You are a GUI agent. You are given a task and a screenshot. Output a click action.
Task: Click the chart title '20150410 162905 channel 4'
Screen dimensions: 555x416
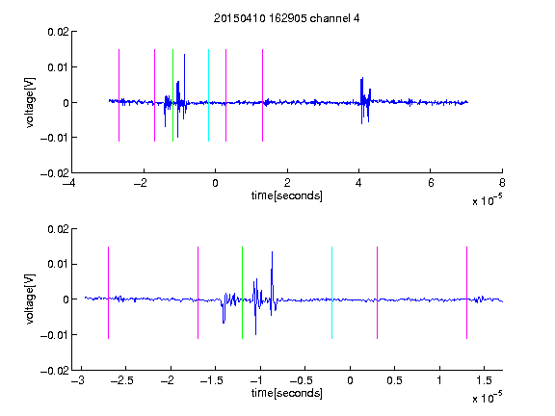click(286, 18)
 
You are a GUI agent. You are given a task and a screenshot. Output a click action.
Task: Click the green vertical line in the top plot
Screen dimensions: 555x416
click(172, 95)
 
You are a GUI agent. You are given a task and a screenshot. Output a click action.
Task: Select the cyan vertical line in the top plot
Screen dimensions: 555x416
click(208, 95)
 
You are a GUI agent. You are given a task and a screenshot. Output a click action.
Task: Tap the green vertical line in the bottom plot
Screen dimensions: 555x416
click(242, 293)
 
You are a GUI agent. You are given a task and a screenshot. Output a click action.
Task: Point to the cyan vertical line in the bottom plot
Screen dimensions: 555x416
click(331, 293)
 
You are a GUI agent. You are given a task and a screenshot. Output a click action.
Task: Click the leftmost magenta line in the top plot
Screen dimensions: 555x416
click(119, 95)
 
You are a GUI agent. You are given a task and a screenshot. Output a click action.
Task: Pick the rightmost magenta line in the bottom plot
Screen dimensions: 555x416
click(466, 293)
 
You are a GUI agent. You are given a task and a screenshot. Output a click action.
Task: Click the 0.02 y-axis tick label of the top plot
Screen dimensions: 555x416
click(58, 32)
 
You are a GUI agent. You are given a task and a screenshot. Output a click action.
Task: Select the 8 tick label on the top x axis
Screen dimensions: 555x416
click(502, 183)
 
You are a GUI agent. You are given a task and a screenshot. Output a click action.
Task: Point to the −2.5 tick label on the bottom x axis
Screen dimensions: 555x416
click(121, 380)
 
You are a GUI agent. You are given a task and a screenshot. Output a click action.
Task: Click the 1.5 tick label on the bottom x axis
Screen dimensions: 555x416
click(484, 380)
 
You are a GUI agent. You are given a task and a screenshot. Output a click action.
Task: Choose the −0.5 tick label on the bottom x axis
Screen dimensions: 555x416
click(301, 380)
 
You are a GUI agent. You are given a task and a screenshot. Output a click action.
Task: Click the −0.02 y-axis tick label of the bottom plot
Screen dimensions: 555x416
click(55, 371)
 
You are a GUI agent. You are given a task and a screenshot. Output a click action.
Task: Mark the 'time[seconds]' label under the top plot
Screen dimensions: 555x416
click(287, 195)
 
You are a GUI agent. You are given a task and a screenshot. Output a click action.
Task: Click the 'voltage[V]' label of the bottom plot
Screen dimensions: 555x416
click(31, 299)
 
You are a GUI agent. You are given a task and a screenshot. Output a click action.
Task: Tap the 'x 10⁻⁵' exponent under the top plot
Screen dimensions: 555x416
click(487, 199)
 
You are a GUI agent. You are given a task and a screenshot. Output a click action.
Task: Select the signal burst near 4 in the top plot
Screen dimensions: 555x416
click(365, 101)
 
